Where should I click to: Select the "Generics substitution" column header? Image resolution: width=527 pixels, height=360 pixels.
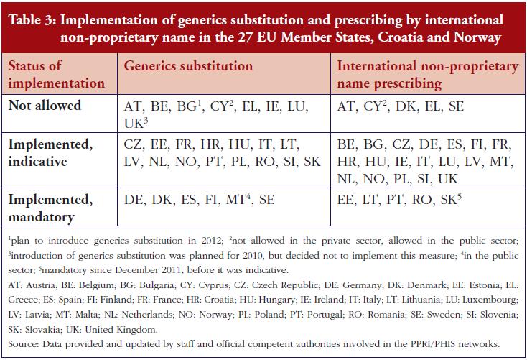[x=188, y=66]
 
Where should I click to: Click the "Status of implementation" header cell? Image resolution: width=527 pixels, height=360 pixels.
[x=57, y=74]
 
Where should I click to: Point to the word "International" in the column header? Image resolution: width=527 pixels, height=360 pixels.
[x=377, y=66]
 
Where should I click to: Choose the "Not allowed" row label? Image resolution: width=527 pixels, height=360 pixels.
[x=45, y=106]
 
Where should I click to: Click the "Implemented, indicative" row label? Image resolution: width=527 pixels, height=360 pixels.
[x=50, y=153]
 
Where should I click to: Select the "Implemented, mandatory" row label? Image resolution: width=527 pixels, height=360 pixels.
[x=50, y=208]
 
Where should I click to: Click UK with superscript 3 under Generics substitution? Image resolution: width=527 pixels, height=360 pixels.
[x=136, y=123]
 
